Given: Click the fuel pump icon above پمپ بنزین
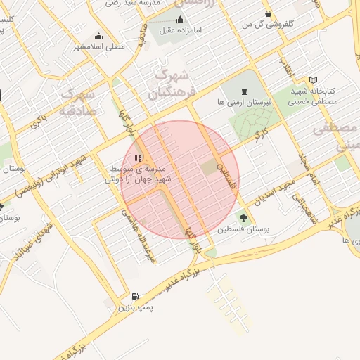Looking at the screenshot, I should pyautogui.click(x=134, y=297).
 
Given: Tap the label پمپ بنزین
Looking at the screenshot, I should pyautogui.click(x=134, y=308).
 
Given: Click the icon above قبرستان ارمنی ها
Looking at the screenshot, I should pyautogui.click(x=244, y=91).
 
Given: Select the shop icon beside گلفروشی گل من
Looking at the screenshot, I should pyautogui.click(x=268, y=14).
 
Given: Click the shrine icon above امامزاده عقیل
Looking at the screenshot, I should pyautogui.click(x=181, y=19).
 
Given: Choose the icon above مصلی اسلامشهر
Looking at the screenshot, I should pyautogui.click(x=98, y=36).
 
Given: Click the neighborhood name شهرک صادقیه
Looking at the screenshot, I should pyautogui.click(x=78, y=101).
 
